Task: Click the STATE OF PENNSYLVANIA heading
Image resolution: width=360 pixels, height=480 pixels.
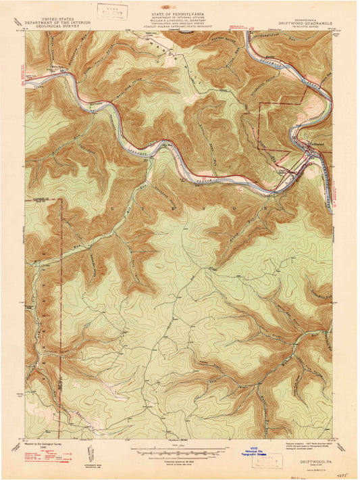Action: (x=179, y=4)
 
